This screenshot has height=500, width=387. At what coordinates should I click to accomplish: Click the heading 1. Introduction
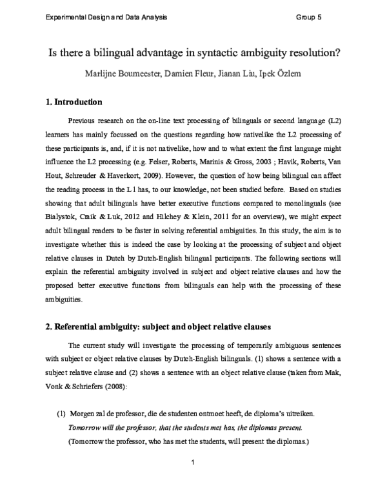[74, 102]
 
